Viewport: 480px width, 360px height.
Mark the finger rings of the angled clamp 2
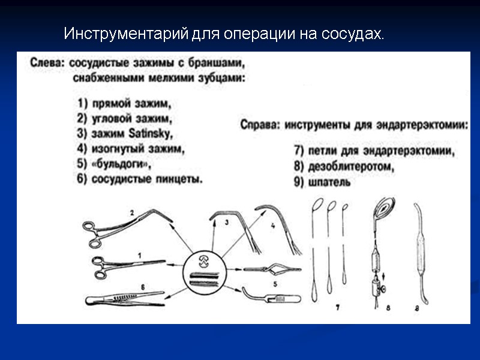(x=91, y=233)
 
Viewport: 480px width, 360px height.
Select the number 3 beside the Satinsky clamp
(x=226, y=223)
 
